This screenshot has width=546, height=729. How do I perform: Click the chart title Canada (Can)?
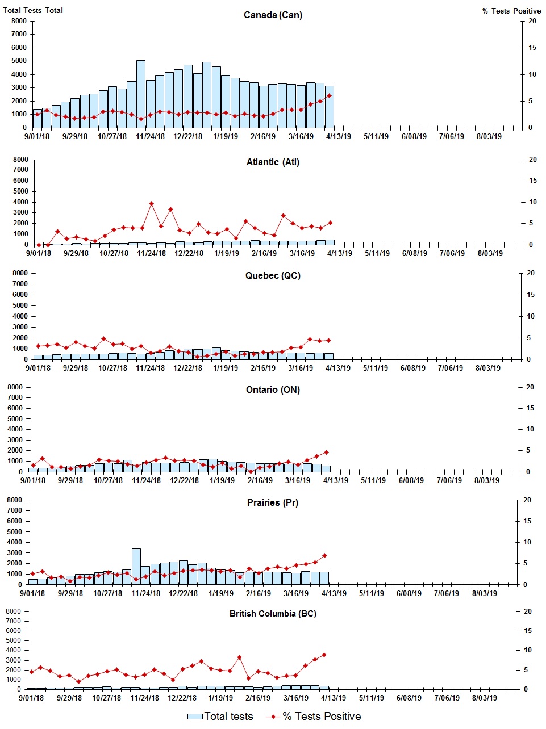pyautogui.click(x=273, y=15)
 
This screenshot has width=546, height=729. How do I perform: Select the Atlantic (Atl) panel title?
pyautogui.click(x=273, y=162)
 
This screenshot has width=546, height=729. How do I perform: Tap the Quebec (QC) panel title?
pyautogui.click(x=273, y=276)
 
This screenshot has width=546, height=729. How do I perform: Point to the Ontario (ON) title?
pyautogui.click(x=273, y=390)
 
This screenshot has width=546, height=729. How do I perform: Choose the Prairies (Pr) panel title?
pyautogui.click(x=273, y=503)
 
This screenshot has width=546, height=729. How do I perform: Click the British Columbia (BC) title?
pyautogui.click(x=273, y=614)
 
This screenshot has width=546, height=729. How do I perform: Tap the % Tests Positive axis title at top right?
pyautogui.click(x=511, y=11)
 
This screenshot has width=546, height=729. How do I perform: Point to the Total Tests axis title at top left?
pyautogui.click(x=33, y=10)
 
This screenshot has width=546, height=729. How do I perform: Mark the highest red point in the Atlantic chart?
pyautogui.click(x=151, y=203)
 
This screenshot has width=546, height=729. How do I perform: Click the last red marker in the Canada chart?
pyautogui.click(x=329, y=95)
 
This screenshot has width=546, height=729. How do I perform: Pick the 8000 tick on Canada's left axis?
pyautogui.click(x=19, y=21)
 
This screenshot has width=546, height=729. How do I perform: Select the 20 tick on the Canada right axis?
pyautogui.click(x=532, y=21)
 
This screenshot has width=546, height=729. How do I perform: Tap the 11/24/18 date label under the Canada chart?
pyautogui.click(x=151, y=136)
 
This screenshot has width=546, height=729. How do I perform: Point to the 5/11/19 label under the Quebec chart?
pyautogui.click(x=375, y=368)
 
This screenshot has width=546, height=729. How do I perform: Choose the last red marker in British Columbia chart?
pyautogui.click(x=324, y=655)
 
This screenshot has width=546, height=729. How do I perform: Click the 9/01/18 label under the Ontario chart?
pyautogui.click(x=33, y=480)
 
